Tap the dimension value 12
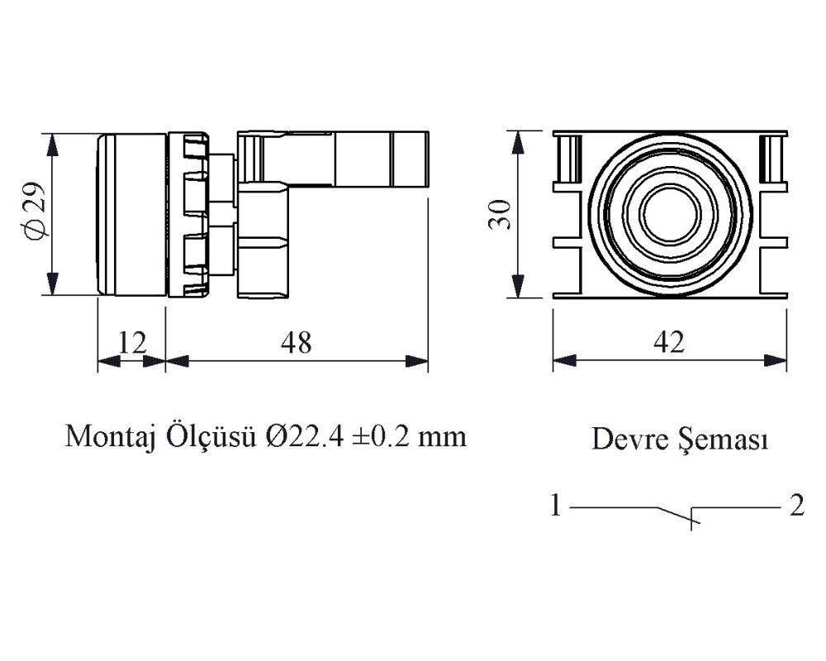coord(132,343)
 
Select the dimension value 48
coord(297,343)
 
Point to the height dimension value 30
coord(500,214)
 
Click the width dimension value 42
coord(669,343)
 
